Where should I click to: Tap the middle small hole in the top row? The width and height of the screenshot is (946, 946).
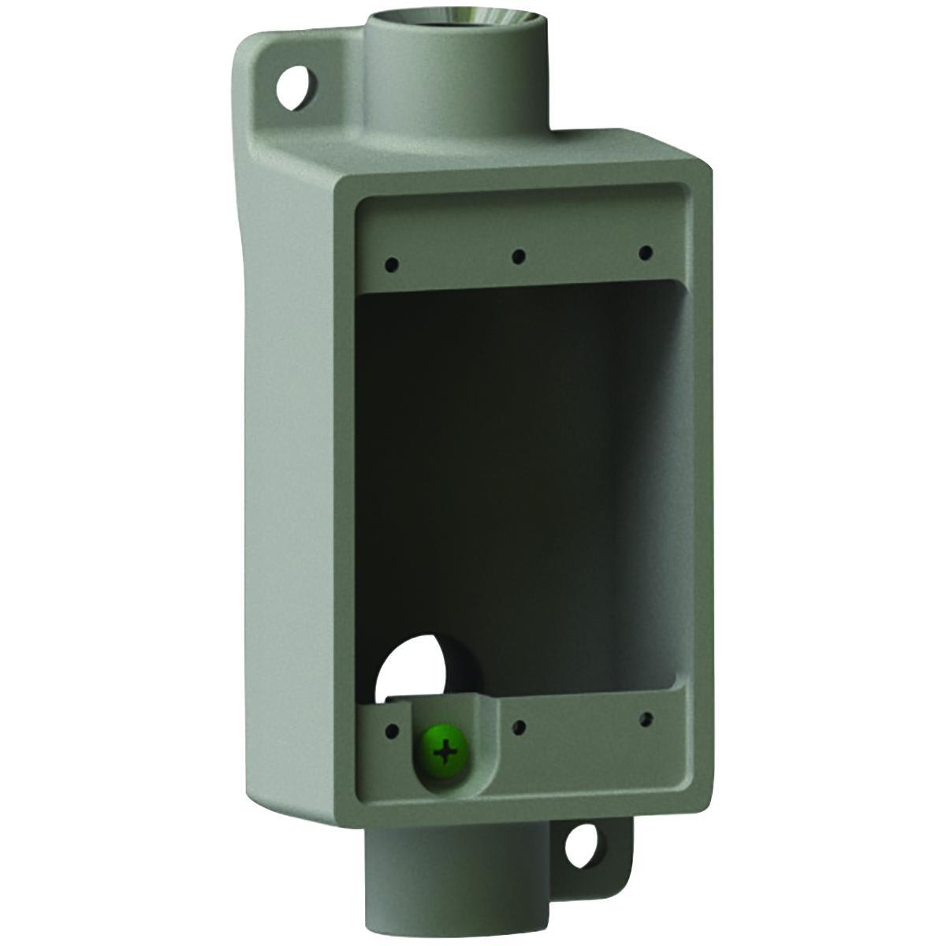point(519,256)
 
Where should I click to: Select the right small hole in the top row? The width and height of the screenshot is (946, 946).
point(646,252)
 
